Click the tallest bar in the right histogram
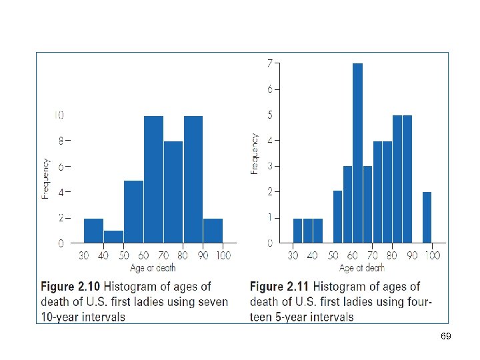(x=357, y=153)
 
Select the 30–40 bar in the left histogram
(x=93, y=231)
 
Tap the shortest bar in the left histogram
(x=113, y=237)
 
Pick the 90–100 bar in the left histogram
(x=213, y=231)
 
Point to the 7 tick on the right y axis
(x=269, y=64)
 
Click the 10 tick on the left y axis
(x=59, y=115)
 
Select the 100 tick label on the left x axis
(x=223, y=255)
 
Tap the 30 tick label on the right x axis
(x=293, y=255)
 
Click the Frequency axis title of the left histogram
(x=46, y=179)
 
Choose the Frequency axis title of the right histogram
(x=255, y=154)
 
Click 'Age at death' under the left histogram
(x=153, y=268)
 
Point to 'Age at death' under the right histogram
(x=362, y=268)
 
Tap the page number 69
(x=446, y=337)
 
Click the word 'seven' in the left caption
(x=213, y=301)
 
